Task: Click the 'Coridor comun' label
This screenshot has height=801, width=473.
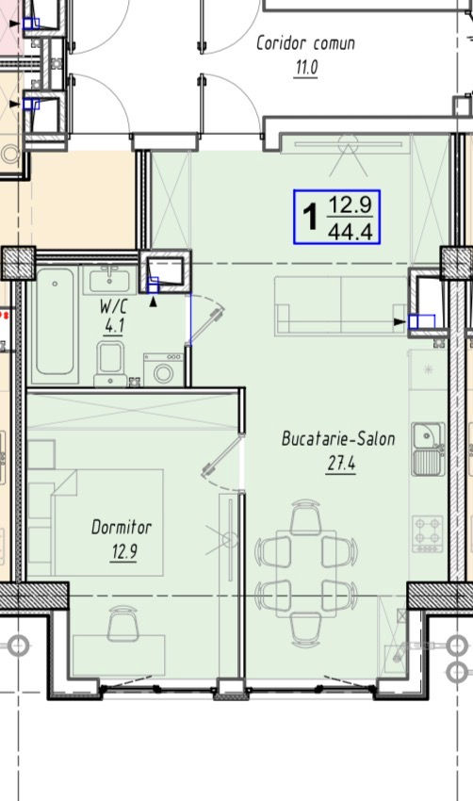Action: (x=305, y=43)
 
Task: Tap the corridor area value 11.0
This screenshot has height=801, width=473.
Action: (x=306, y=67)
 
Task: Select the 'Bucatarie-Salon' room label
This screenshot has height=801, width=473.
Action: (x=338, y=439)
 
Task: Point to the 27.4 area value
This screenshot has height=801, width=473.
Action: (x=341, y=464)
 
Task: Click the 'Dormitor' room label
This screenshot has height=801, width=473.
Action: (x=122, y=527)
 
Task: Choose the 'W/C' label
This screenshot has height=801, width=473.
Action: (x=113, y=307)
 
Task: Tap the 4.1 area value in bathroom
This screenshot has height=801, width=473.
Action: (x=114, y=325)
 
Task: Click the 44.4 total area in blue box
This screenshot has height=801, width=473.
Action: (x=350, y=232)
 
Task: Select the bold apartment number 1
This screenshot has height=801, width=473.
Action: (x=310, y=217)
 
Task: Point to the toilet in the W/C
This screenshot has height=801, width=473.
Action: (x=111, y=363)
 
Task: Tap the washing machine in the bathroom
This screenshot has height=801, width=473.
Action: (x=163, y=368)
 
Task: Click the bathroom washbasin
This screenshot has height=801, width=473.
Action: (x=109, y=280)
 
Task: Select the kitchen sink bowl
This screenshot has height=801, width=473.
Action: (x=426, y=435)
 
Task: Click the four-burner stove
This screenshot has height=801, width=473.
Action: (x=428, y=533)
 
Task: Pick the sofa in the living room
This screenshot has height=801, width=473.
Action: (x=340, y=306)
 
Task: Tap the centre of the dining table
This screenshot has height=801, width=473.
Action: (x=306, y=574)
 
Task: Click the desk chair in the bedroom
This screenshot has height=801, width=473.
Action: (x=122, y=623)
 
